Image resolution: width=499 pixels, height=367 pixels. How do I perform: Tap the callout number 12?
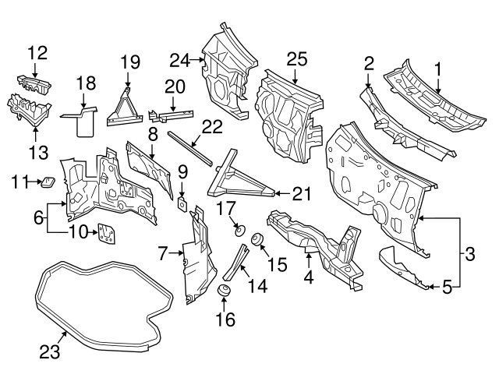38,53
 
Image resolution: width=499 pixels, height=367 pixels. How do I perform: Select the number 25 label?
297,58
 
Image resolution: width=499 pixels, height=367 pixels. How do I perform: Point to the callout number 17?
225,208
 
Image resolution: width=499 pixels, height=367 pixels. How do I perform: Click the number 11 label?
21,182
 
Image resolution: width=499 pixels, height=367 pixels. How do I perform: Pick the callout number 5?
446,287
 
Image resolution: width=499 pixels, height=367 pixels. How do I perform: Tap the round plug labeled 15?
259,239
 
